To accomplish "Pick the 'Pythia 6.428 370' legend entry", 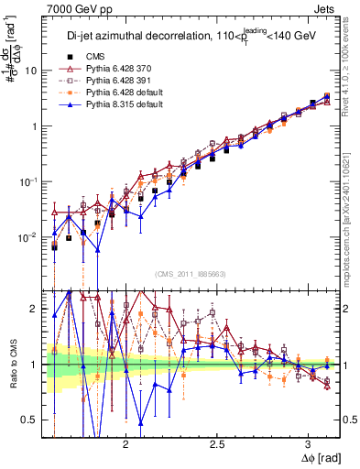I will [x=133, y=68].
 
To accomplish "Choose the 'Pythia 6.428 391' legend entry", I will [x=133, y=81].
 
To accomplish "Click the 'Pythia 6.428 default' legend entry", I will [x=138, y=93].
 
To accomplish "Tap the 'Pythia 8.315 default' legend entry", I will [x=138, y=106].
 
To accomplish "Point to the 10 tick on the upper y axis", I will [x=32, y=71].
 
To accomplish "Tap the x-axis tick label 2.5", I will [x=217, y=441].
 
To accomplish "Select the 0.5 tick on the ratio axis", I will [x=30, y=420].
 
